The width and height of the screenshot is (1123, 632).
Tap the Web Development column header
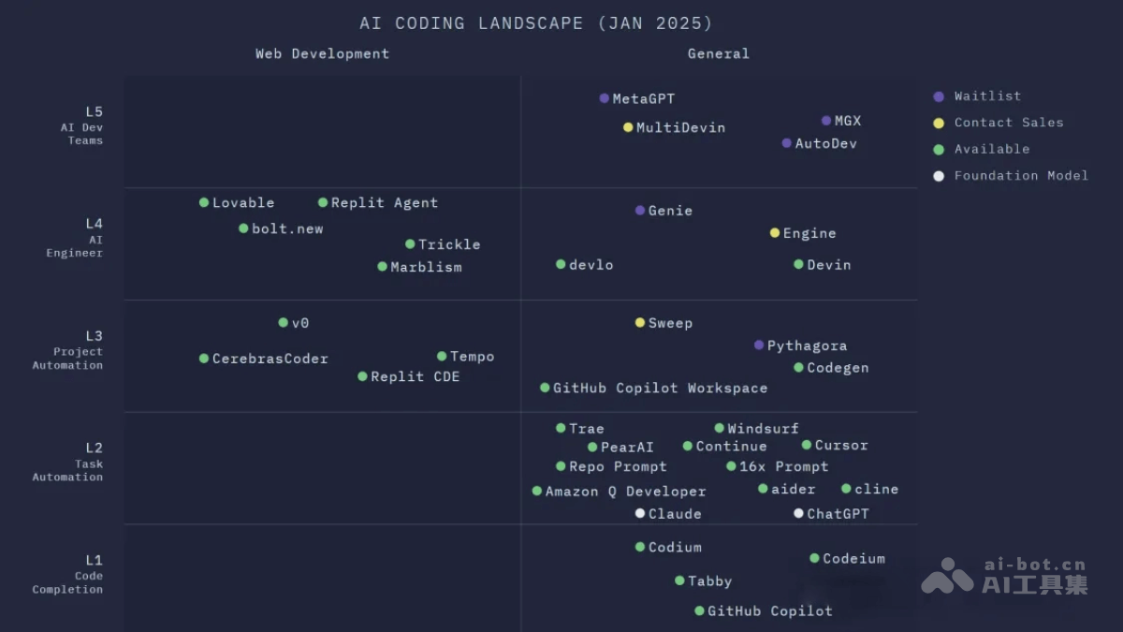pos(322,53)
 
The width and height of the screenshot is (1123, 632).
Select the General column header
pos(718,53)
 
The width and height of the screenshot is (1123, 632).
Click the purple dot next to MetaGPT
pos(605,98)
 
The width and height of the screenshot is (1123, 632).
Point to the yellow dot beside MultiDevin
pos(629,127)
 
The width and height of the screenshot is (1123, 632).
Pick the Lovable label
pos(243,203)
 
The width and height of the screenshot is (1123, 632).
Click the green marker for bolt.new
pos(243,228)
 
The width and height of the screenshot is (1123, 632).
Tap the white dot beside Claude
pos(640,513)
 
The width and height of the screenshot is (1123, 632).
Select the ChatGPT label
pos(838,514)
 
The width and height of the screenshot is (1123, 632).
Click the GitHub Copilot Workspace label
pos(660,388)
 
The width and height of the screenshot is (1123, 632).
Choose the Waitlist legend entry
pos(987,96)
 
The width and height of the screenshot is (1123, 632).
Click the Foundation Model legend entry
pos(1021,176)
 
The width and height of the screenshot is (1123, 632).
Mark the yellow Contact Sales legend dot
pos(939,123)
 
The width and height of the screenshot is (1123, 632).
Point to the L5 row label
pos(94,112)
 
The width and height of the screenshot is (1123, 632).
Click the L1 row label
pos(94,561)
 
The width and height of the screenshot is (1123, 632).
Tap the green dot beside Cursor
pos(807,445)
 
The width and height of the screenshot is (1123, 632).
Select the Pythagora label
pos(807,345)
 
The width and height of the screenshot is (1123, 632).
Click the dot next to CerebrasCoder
pos(204,359)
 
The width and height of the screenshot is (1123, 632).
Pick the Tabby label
pos(709,581)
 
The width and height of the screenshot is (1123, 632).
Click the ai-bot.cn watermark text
pos(1034,565)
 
